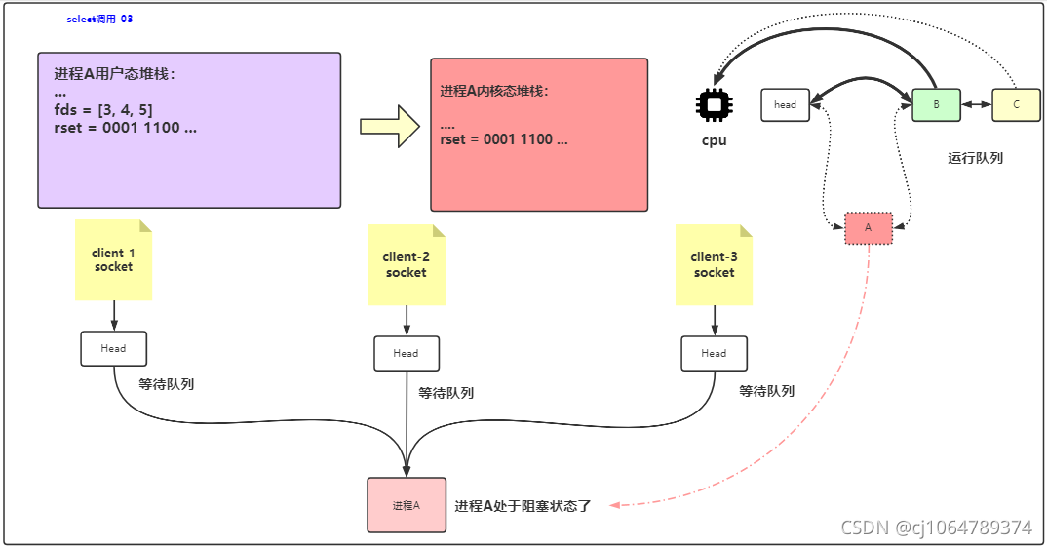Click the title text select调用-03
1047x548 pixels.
point(99,19)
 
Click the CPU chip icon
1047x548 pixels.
point(715,105)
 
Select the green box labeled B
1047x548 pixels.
point(936,104)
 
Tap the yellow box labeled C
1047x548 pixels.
point(1016,104)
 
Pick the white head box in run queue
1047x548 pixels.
point(785,104)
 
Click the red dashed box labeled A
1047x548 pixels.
point(868,228)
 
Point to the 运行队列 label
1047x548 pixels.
point(975,157)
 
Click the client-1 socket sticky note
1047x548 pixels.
point(114,260)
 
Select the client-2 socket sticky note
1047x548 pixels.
point(406,265)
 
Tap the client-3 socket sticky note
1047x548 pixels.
point(714,265)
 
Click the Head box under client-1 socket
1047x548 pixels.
point(113,348)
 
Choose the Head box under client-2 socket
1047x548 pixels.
point(406,353)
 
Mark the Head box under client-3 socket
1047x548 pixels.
point(714,353)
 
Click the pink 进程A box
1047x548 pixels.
point(407,505)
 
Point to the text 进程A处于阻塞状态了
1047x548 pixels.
point(523,506)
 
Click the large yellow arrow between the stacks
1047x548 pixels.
point(389,126)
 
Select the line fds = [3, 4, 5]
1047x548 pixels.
point(102,109)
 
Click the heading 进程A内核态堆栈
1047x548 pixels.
point(494,91)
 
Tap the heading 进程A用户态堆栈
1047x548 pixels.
point(114,74)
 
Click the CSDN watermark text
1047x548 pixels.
point(936,528)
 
